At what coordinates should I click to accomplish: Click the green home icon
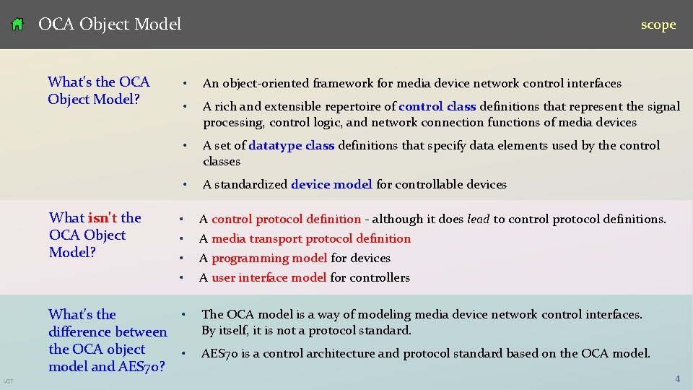(x=18, y=25)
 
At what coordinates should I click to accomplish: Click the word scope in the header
(x=658, y=25)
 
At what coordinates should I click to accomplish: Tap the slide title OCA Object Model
(x=110, y=25)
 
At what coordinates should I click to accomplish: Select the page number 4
(x=677, y=378)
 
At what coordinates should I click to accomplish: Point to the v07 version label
(x=8, y=381)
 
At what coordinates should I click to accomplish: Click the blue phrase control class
(x=437, y=106)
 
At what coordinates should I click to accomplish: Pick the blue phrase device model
(x=331, y=184)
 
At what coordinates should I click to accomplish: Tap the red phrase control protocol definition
(x=286, y=219)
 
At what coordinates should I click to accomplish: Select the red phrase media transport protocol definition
(x=311, y=238)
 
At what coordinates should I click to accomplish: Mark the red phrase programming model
(x=269, y=258)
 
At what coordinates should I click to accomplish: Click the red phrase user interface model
(x=269, y=277)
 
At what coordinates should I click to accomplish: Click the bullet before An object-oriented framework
(x=186, y=84)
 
